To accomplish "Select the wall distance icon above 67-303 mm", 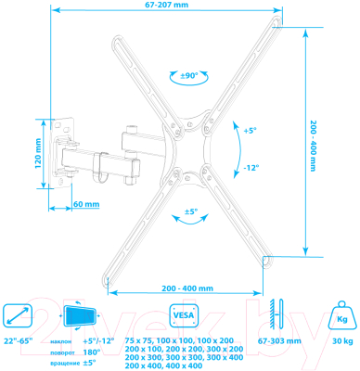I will click(x=276, y=313).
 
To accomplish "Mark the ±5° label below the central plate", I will click(x=189, y=212).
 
